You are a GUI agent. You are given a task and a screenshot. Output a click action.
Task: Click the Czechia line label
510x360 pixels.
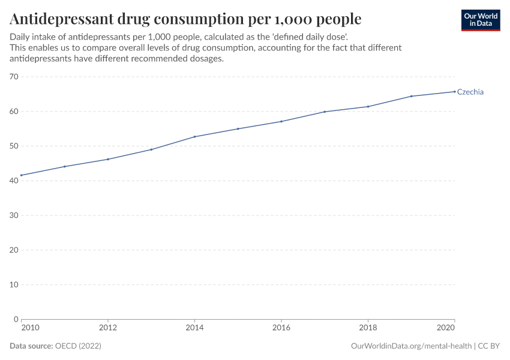pyautogui.click(x=470, y=92)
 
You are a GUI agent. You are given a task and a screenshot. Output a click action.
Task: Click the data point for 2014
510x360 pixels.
pyautogui.click(x=194, y=137)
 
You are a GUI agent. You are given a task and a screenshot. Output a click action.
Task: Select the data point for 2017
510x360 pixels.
pyautogui.click(x=325, y=112)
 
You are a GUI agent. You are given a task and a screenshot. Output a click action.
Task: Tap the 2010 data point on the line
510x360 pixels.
pyautogui.click(x=21, y=175)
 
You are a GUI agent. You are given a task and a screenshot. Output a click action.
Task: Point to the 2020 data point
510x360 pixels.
pyautogui.click(x=455, y=91)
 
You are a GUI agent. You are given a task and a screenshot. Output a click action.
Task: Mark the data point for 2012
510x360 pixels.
pyautogui.click(x=108, y=159)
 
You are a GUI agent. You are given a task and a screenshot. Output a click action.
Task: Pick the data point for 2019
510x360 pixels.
pyautogui.click(x=412, y=96)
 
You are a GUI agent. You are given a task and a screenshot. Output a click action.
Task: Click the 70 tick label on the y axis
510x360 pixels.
pyautogui.click(x=14, y=77)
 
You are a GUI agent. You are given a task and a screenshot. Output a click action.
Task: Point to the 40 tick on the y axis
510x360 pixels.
pyautogui.click(x=14, y=181)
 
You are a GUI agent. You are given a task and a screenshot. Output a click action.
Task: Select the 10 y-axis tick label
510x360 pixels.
pyautogui.click(x=14, y=284)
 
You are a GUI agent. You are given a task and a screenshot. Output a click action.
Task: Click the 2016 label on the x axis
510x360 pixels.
pyautogui.click(x=281, y=328)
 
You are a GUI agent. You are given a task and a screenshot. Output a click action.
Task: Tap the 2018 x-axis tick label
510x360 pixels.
pyautogui.click(x=368, y=328)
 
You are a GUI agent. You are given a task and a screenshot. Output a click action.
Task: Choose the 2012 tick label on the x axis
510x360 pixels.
pyautogui.click(x=108, y=328)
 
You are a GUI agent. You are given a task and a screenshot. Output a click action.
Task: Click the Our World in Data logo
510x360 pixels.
pyautogui.click(x=480, y=20)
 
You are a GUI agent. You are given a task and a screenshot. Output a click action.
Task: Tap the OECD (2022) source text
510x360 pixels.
pyautogui.click(x=78, y=346)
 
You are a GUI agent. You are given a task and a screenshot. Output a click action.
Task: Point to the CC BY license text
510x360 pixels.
pyautogui.click(x=489, y=346)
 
